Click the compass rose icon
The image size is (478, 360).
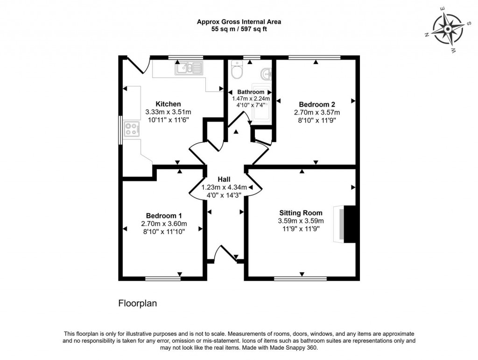tap(447, 29)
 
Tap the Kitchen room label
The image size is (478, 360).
tap(168, 104)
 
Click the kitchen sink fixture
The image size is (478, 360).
tap(189, 69)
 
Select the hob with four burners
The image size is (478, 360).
tap(132, 129)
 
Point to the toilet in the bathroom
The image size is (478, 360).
tap(237, 71)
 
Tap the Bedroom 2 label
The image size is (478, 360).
tap(316, 104)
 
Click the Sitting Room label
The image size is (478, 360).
tap(301, 213)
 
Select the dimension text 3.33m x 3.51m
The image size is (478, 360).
tap(168, 112)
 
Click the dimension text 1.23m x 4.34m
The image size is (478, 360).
tap(224, 187)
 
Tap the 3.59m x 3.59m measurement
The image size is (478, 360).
tap(301, 221)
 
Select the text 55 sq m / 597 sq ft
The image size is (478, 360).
tap(239, 29)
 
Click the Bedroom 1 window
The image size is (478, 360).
tap(163, 279)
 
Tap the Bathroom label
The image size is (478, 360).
tap(251, 92)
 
